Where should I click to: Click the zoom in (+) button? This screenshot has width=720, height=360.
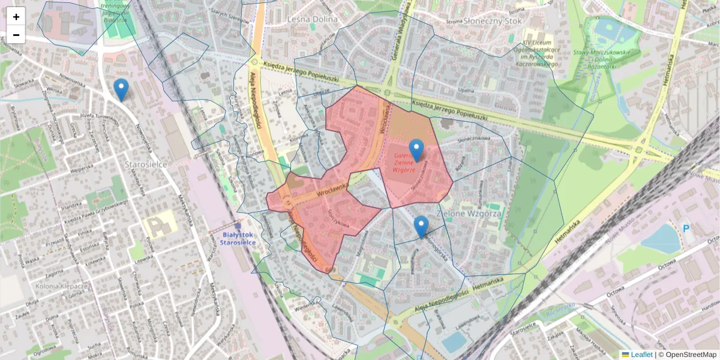click(16, 17)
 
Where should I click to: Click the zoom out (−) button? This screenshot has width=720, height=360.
click(16, 35)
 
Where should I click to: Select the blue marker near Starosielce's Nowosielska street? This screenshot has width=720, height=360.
click(121, 89)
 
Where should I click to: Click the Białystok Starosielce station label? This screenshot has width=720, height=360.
click(238, 238)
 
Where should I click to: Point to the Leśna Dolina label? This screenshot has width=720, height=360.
click(313, 19)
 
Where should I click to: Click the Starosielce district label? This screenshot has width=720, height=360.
click(145, 163)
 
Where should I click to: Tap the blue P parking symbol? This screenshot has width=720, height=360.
click(686, 228)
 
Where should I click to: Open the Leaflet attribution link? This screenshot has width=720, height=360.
click(641, 355)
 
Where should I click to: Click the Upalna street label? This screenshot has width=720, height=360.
click(466, 89)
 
